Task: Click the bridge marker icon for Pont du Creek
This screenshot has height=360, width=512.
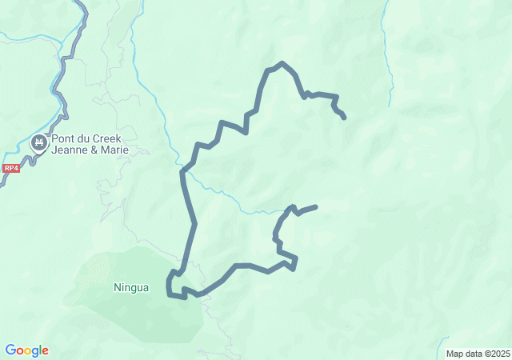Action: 38,143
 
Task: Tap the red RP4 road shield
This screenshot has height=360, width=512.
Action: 10,168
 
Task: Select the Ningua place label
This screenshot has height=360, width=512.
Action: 131,287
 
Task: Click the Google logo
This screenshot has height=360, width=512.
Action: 26,350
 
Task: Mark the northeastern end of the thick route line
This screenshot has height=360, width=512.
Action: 344,118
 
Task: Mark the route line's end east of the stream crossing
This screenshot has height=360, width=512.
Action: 316,207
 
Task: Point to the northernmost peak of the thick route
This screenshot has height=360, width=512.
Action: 282,62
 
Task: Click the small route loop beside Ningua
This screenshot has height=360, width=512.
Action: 175,285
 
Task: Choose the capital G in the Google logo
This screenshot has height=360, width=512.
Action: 10,350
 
